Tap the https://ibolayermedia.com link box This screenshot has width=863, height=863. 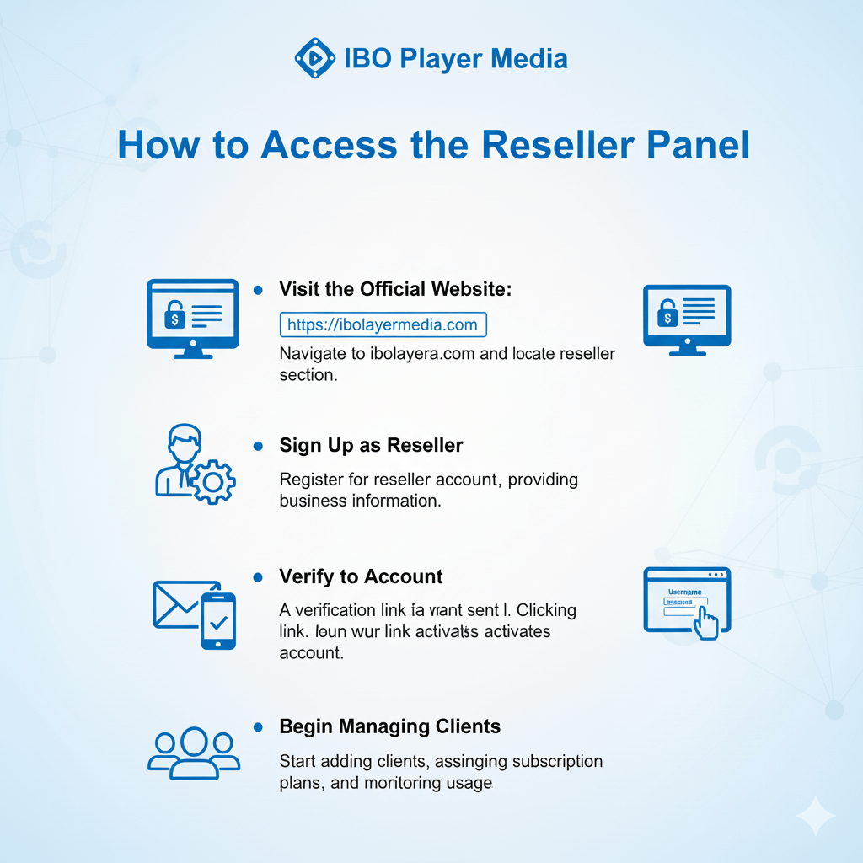point(383,324)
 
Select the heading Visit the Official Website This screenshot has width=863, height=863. point(395,289)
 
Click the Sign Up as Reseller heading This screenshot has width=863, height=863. point(371,445)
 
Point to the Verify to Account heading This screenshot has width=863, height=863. point(361,577)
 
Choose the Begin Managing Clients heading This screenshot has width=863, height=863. point(389,726)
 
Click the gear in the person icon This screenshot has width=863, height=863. point(213,481)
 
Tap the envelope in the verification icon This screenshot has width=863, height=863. point(179,603)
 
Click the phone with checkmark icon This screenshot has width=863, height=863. point(218,621)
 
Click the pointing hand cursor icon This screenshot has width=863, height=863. point(706,623)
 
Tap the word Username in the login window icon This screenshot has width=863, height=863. point(684,592)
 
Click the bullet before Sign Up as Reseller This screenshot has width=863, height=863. point(258,445)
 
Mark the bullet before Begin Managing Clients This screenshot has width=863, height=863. point(258,726)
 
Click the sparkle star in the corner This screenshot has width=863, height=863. point(815,816)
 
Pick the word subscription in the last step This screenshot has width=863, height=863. point(555,761)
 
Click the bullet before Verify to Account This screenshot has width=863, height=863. point(258,577)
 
